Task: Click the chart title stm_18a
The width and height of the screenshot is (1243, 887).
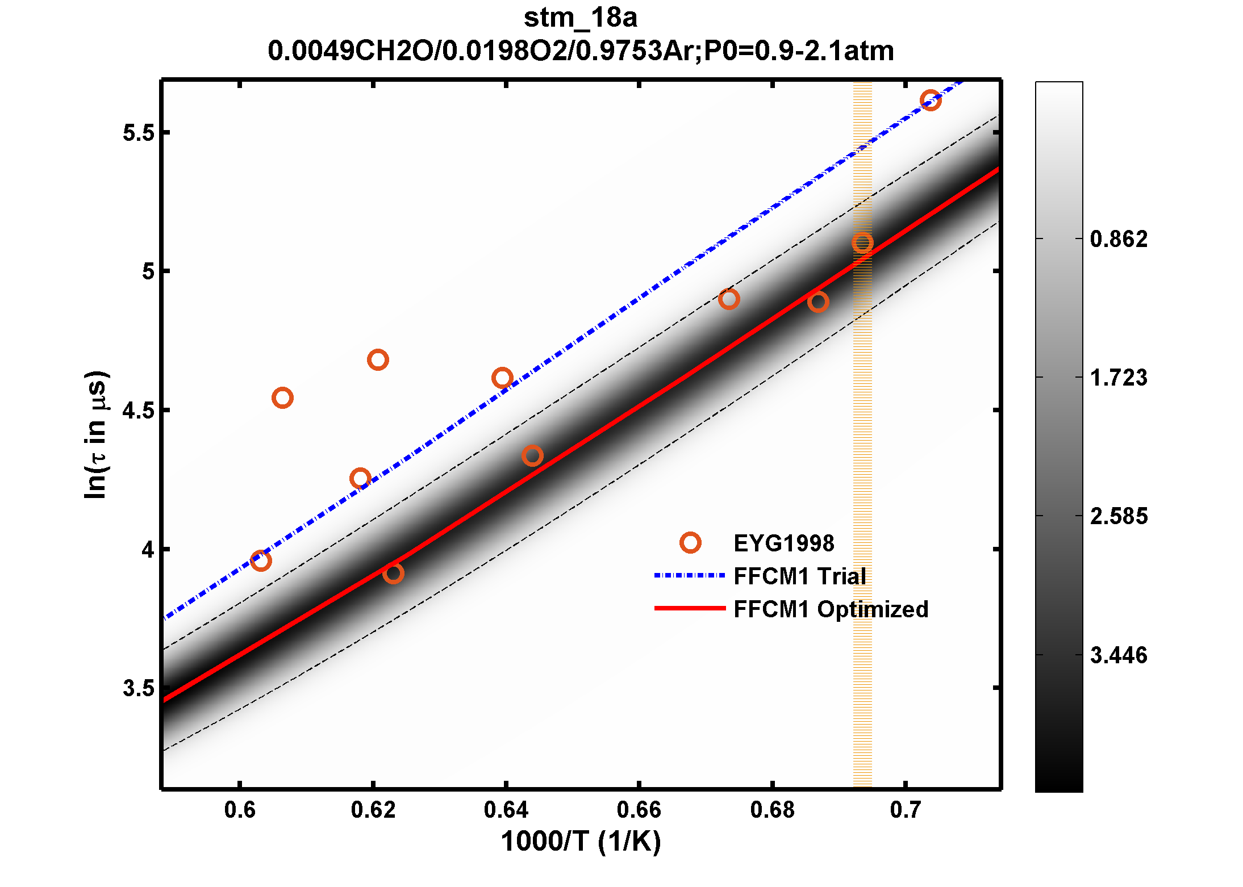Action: click(580, 18)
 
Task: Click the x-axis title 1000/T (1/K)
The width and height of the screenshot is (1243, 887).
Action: click(581, 841)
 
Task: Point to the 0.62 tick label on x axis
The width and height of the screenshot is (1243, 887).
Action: click(373, 810)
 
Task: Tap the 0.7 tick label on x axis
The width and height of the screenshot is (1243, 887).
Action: click(905, 810)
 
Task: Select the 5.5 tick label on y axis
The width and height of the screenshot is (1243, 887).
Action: click(139, 132)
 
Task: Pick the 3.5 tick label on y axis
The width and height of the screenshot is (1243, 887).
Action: click(139, 688)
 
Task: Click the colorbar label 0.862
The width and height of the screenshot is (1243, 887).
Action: click(1119, 239)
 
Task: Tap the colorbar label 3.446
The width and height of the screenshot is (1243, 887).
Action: click(1119, 655)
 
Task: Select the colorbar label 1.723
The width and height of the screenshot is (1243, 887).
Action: click(1119, 378)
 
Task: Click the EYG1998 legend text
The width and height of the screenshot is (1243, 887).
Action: click(784, 543)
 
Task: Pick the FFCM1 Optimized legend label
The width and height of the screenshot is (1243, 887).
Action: click(831, 609)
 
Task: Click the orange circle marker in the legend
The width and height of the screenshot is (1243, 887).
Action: click(690, 543)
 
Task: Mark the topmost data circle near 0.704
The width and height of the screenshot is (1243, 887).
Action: click(931, 101)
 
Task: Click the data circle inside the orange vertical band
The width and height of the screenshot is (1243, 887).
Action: click(862, 243)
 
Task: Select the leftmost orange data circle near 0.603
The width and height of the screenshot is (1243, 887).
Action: click(261, 560)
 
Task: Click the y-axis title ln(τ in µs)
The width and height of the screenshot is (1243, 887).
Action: click(95, 434)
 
